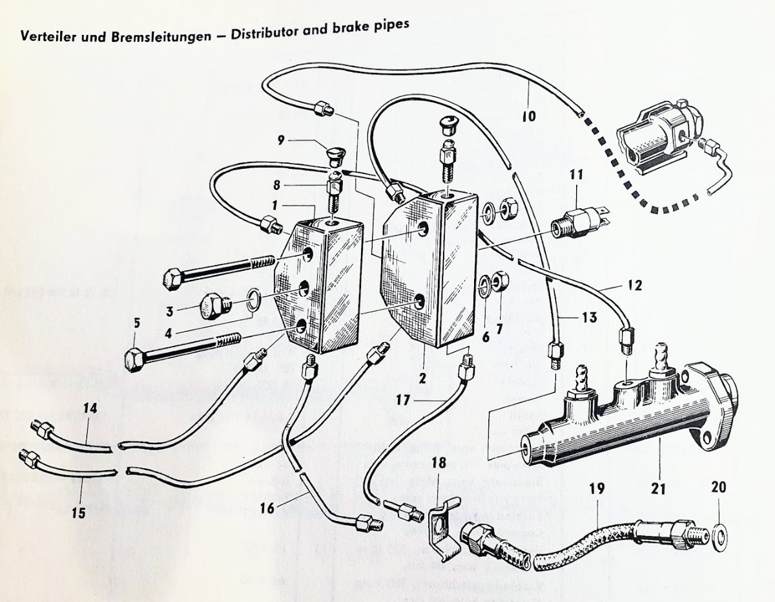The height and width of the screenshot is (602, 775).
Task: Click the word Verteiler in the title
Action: point(46,37)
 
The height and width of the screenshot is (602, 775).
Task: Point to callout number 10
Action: point(528,116)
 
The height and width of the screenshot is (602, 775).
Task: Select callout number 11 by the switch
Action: point(576,174)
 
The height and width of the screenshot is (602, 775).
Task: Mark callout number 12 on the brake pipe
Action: point(635,285)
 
